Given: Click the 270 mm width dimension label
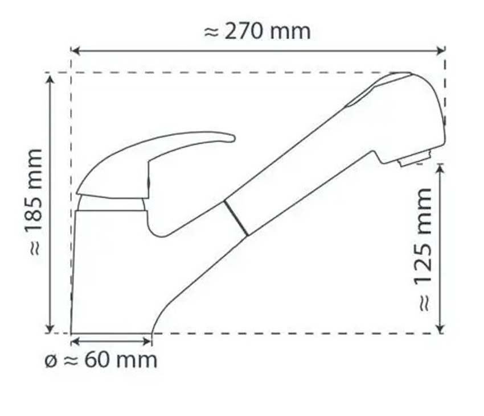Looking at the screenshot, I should [x=257, y=31].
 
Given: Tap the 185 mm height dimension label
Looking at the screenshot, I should [x=35, y=202].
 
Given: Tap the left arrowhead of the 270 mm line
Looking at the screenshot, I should [x=75, y=51].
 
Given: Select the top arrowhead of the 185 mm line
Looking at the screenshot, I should [x=51, y=77].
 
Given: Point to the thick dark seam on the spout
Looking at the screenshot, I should [x=236, y=218].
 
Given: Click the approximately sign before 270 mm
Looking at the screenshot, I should [x=211, y=32].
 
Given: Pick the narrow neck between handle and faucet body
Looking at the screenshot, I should [x=111, y=204].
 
